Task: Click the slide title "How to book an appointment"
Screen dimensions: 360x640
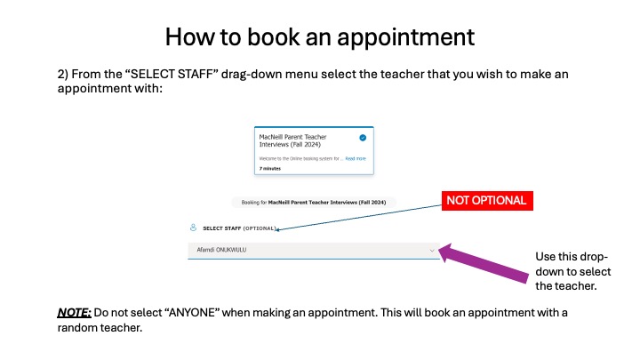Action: coord(320,37)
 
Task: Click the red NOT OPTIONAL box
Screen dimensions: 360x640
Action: coord(486,201)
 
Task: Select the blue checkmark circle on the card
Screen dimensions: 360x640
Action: coord(363,138)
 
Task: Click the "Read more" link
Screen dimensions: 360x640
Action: coord(356,158)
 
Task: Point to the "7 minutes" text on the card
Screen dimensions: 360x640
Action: coord(270,167)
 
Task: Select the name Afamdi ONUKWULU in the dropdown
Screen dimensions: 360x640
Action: coord(221,251)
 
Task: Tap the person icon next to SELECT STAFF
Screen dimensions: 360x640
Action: coord(195,228)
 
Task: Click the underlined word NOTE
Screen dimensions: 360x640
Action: coord(73,312)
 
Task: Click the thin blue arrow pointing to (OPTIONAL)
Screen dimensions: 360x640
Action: coord(364,215)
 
